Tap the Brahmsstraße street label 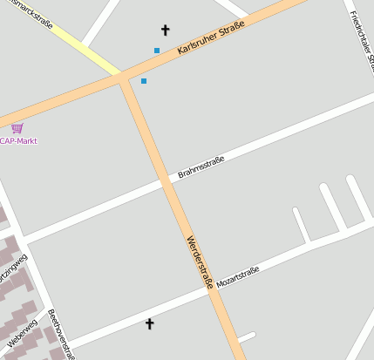tap(201, 166)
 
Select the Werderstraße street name tap(200, 261)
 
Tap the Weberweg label tap(22, 334)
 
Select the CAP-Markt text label tap(18, 141)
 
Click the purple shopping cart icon tap(17, 128)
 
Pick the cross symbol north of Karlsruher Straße tap(166, 30)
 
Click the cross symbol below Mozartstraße tap(149, 324)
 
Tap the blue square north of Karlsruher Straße tap(157, 51)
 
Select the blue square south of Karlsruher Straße tap(144, 81)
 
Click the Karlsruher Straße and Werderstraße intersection tap(123, 79)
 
